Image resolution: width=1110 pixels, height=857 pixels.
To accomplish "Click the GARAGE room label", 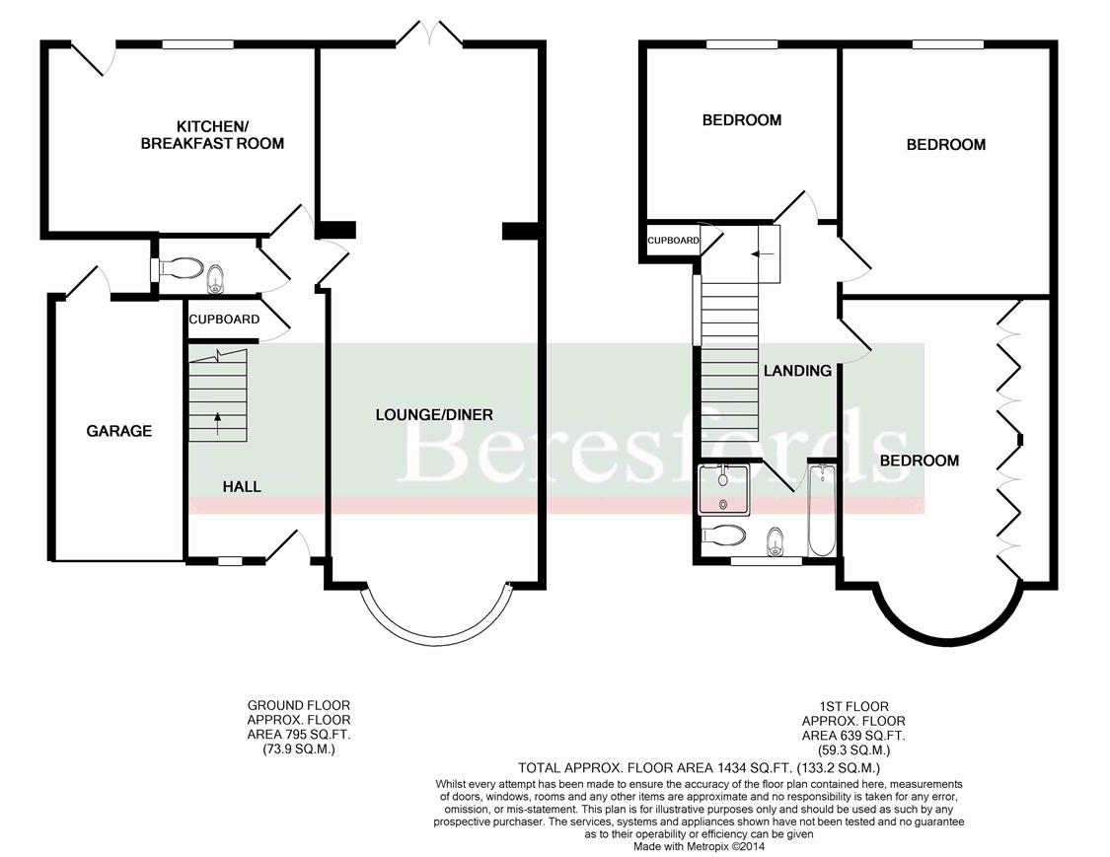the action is [119, 430].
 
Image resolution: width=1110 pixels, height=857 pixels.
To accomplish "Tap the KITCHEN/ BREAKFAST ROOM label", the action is [212, 135].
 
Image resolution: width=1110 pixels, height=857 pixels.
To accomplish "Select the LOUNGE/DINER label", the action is [434, 415].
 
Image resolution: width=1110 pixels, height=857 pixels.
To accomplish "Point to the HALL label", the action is [242, 486].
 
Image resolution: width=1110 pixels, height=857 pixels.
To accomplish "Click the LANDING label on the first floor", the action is [797, 370].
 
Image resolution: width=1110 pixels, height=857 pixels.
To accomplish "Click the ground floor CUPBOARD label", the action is [224, 320].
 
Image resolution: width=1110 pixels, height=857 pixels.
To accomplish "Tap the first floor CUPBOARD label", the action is [673, 241].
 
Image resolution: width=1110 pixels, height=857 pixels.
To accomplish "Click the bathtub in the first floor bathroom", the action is [821, 510].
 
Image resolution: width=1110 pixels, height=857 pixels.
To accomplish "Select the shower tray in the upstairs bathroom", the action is [722, 490].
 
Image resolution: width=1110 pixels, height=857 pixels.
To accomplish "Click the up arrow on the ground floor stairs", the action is [217, 422].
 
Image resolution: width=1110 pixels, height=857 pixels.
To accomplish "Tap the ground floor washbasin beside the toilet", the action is [214, 279].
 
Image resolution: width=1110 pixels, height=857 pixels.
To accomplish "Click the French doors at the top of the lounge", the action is [428, 32].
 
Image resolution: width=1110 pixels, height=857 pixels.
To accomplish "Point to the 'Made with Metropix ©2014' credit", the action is [699, 846].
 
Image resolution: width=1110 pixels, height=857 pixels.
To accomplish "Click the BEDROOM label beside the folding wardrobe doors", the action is [919, 461].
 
